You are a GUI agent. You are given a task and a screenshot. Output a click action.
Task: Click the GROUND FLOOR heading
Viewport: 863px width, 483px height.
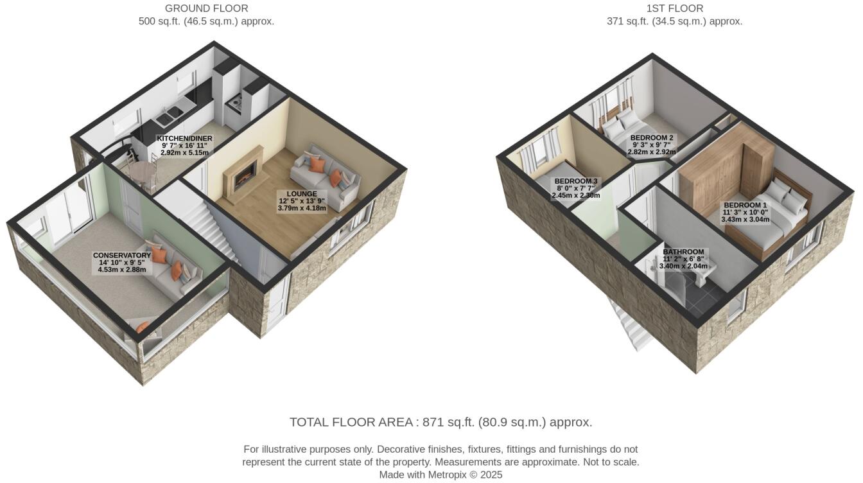[206, 8]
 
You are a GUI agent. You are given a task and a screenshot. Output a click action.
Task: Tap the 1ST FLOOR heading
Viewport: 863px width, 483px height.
[674, 8]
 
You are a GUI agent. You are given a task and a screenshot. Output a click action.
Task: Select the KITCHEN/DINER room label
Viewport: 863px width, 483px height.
[184, 138]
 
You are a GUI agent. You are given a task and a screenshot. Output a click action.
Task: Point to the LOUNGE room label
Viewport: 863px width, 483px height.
[302, 193]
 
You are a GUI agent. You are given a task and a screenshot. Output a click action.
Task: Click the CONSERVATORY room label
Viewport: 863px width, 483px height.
[121, 256]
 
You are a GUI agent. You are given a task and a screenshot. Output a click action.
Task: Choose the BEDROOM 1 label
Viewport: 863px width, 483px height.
[744, 205]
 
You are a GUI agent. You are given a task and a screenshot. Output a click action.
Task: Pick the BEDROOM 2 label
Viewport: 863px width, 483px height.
[652, 138]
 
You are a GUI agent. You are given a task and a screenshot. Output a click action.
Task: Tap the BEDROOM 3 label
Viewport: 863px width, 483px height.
[575, 181]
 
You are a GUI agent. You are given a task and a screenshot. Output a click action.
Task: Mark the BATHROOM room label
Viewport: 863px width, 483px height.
[683, 252]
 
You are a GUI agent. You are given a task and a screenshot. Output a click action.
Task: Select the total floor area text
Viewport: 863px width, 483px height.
[440, 422]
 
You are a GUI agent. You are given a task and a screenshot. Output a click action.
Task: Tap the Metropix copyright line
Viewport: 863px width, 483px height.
[440, 475]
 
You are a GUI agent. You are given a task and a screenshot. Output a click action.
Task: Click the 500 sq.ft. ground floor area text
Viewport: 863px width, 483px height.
[206, 21]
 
